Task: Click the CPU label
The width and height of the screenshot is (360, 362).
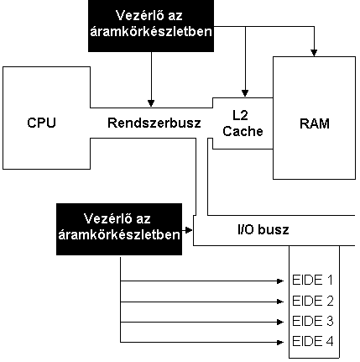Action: (41, 123)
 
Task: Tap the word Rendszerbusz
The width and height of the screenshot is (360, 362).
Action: (154, 123)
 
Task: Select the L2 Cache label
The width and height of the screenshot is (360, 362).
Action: (243, 123)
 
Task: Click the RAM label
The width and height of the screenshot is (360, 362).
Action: (315, 123)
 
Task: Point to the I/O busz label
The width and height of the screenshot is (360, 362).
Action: (263, 229)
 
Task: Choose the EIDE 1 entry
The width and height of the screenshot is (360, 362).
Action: (312, 280)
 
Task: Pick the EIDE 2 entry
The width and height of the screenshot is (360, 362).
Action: (313, 301)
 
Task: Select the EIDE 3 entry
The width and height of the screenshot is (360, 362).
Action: (313, 321)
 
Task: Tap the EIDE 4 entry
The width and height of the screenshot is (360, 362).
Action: (313, 341)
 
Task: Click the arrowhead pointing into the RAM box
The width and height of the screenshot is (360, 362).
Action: (314, 53)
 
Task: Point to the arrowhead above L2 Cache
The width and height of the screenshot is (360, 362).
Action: (245, 93)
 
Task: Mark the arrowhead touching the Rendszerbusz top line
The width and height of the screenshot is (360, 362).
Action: (151, 103)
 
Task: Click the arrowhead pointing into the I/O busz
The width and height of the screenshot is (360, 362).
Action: (189, 230)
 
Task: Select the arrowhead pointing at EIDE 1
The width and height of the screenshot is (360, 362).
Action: (280, 281)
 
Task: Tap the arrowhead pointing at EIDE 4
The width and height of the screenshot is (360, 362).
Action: (280, 342)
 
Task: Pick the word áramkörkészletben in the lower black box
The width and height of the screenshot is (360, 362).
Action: (119, 234)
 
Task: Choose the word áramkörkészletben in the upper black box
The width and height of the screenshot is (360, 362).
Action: (151, 31)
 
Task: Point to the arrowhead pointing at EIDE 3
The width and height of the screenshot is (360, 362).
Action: (280, 323)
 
